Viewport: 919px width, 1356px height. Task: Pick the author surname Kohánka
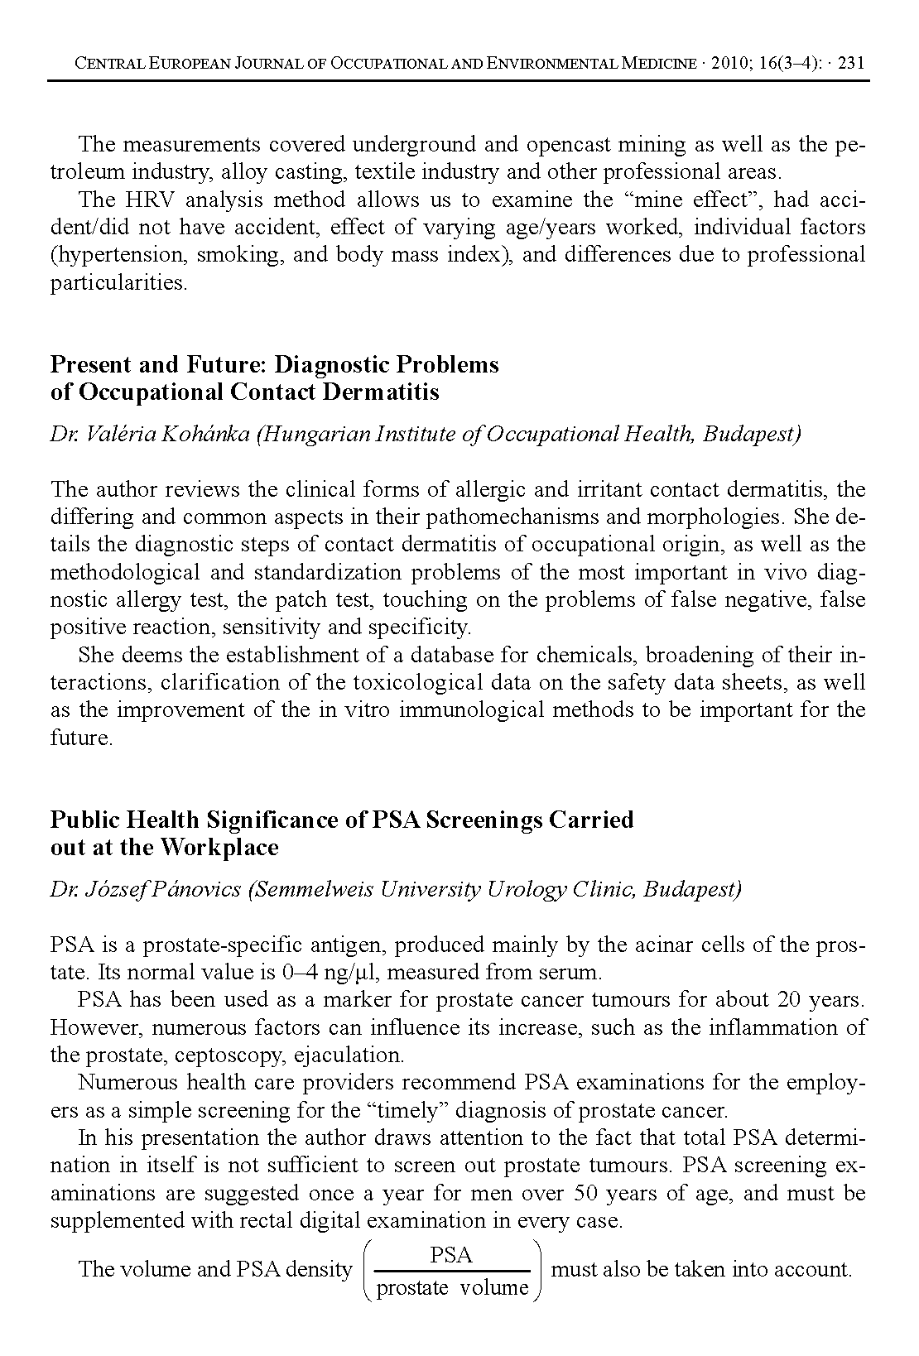point(206,434)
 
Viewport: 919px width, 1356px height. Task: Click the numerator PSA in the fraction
point(451,1256)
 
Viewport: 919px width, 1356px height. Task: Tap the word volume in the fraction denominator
point(494,1287)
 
